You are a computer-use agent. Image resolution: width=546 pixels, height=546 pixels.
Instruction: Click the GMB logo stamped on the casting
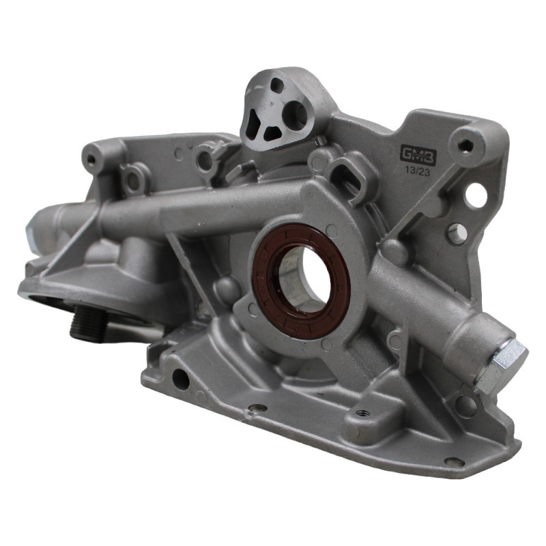click(418, 154)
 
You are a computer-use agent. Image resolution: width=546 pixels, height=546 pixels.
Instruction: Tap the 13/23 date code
click(417, 172)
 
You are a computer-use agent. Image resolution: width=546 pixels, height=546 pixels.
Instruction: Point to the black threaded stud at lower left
click(89, 322)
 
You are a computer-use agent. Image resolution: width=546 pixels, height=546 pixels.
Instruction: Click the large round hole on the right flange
click(475, 195)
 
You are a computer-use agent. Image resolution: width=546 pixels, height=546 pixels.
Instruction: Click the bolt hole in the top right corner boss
click(465, 145)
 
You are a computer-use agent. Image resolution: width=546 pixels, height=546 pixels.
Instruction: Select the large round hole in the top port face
click(295, 113)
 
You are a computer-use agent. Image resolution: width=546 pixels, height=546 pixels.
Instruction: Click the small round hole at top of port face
click(277, 85)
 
